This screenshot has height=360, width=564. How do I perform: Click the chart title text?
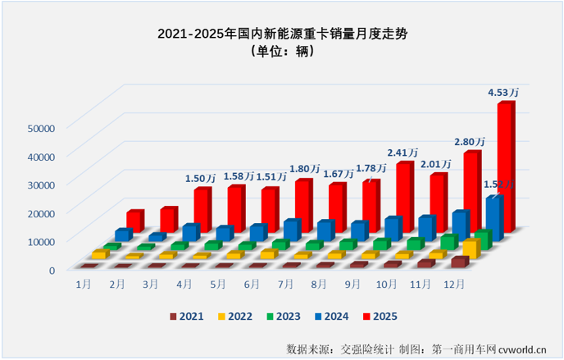coord(281,34)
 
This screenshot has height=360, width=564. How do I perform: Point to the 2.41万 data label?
coord(403,152)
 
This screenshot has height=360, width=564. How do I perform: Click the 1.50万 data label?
coord(201,178)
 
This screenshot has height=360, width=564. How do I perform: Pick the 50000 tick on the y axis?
coord(40,127)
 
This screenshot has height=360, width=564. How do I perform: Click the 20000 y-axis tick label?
coord(40,212)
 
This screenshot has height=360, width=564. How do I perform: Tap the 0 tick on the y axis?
coord(51,269)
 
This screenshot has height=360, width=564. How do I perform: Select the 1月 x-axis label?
coord(83,284)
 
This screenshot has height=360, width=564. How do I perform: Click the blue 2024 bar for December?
coord(493,216)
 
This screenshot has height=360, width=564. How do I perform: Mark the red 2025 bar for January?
coord(135,220)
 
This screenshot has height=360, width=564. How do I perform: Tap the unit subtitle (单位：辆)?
coord(281,52)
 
